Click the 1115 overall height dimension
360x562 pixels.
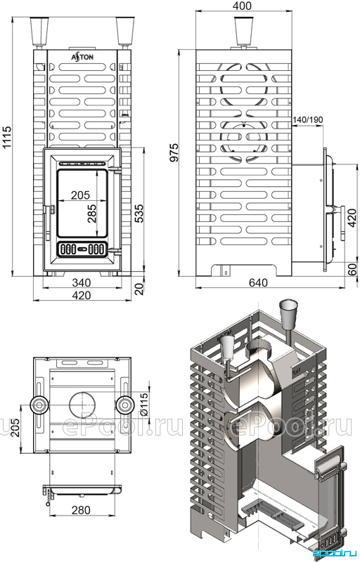(6, 138)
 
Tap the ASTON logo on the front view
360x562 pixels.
(82, 56)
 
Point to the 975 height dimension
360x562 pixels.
(174, 152)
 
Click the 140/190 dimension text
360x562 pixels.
(308, 119)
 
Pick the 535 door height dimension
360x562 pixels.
(139, 213)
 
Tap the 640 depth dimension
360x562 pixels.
(258, 283)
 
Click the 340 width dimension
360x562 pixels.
(82, 282)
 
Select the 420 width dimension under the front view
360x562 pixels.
(82, 295)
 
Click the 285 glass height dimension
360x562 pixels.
(92, 214)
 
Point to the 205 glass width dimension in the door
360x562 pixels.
(80, 195)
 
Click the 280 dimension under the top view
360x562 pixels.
(81, 510)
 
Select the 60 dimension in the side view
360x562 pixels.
(353, 268)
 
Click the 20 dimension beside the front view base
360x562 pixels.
(139, 287)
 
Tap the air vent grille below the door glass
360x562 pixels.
(82, 249)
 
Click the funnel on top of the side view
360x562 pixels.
(244, 32)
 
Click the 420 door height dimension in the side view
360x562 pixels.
(352, 218)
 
